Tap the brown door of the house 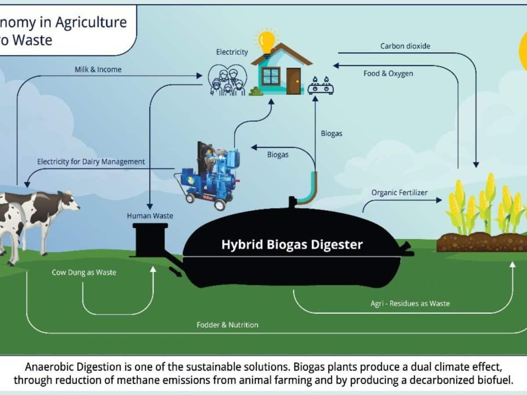tap(293, 81)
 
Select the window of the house tap(271, 76)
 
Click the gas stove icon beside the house tap(320, 86)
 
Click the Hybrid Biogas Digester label tap(292, 244)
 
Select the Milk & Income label tap(98, 69)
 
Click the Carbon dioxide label tap(405, 46)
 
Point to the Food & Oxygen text tap(388, 73)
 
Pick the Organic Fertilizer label tap(399, 192)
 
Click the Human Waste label tap(150, 215)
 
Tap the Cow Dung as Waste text tap(84, 272)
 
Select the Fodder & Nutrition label tap(227, 325)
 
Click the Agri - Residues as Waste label tap(410, 303)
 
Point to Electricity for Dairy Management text tap(91, 162)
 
